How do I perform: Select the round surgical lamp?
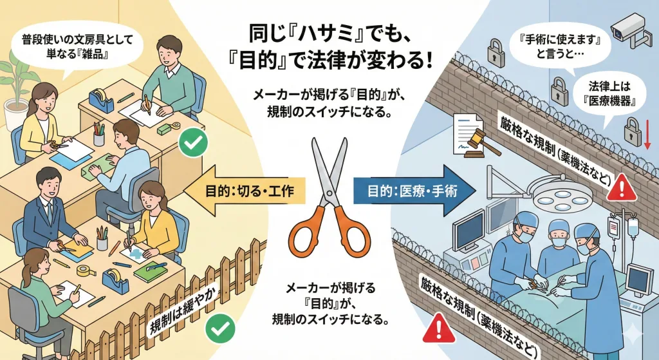(x=560, y=194)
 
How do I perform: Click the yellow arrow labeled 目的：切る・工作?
(x=245, y=191)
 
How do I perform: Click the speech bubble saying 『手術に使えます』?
(x=559, y=47)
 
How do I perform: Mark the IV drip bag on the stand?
(x=632, y=227)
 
